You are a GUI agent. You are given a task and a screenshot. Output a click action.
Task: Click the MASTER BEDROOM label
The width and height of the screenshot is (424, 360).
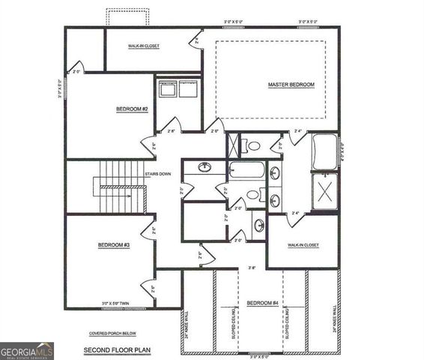[291, 85]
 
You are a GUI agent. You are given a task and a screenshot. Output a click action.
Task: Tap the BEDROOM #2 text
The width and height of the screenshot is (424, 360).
[132, 109]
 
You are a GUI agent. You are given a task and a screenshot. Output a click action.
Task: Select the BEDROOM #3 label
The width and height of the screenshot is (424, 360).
[114, 245]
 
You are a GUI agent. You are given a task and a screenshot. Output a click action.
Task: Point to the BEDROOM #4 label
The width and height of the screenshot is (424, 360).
[263, 303]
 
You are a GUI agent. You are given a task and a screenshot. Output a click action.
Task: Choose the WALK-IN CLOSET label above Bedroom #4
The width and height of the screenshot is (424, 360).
[303, 245]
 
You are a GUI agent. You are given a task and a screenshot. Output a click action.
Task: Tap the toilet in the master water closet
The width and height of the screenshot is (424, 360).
[253, 145]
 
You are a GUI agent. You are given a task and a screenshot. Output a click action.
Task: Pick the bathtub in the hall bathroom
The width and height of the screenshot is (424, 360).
[246, 171]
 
